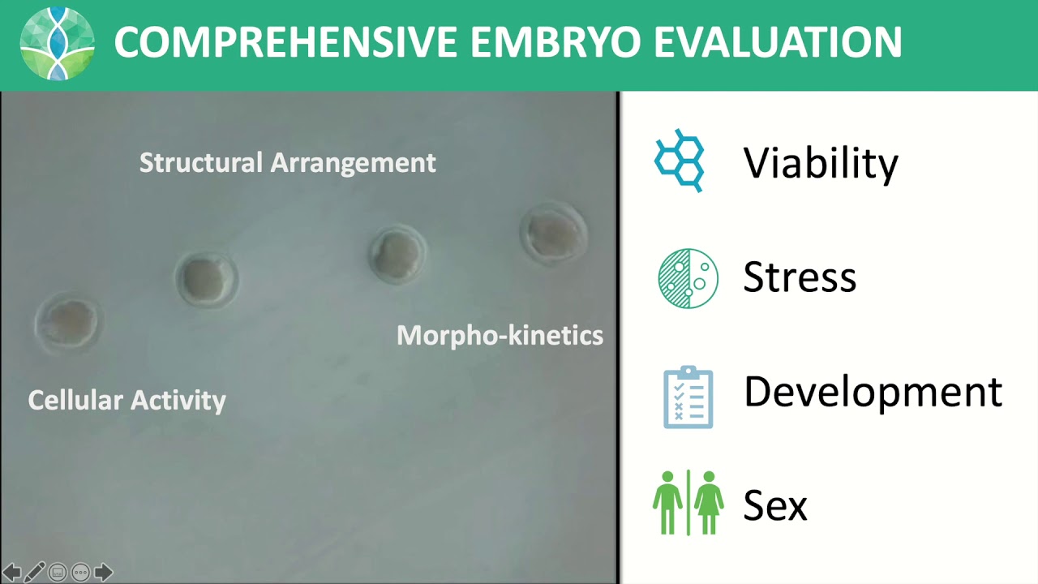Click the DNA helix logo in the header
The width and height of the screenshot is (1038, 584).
[57, 44]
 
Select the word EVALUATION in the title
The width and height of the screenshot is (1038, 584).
[778, 43]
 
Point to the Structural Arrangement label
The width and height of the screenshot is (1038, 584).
[288, 162]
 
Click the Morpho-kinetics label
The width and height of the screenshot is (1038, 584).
[500, 335]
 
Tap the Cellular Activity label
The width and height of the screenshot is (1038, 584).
[127, 400]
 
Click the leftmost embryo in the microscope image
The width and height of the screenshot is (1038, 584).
[69, 322]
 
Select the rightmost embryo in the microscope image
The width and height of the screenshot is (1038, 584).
[554, 232]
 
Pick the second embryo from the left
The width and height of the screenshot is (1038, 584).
[206, 278]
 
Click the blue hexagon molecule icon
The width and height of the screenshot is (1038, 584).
[680, 161]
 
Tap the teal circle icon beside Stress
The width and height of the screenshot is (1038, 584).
[688, 278]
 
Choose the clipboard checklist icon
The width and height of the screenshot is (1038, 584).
[688, 397]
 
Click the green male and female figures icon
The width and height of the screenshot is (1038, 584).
[688, 503]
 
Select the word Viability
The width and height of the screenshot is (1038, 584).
[821, 163]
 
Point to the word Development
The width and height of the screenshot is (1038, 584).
[873, 392]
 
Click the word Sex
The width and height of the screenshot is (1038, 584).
[775, 505]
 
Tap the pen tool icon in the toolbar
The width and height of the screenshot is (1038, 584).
[34, 572]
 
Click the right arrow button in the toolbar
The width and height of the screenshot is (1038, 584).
[103, 572]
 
